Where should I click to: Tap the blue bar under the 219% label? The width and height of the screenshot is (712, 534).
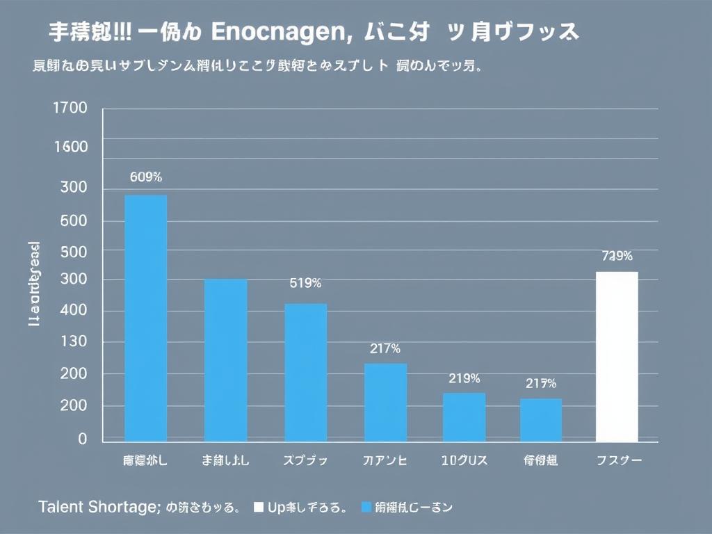point(464,417)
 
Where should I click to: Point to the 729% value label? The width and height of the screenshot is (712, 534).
point(617,256)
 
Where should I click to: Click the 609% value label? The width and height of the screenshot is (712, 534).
point(145,177)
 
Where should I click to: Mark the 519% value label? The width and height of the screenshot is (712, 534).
point(305,283)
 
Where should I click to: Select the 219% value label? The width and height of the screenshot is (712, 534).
point(464,379)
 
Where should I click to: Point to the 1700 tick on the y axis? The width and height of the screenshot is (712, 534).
point(70,108)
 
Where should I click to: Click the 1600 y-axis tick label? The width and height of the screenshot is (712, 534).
point(70,147)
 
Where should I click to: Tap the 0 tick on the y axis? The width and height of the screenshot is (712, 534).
point(83,439)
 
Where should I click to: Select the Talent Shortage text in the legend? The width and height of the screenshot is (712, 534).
point(99,507)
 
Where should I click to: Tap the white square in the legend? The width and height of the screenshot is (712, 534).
point(259,507)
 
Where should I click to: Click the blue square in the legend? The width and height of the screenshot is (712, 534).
point(366,507)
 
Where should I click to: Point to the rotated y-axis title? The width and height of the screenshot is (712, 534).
point(34,284)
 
